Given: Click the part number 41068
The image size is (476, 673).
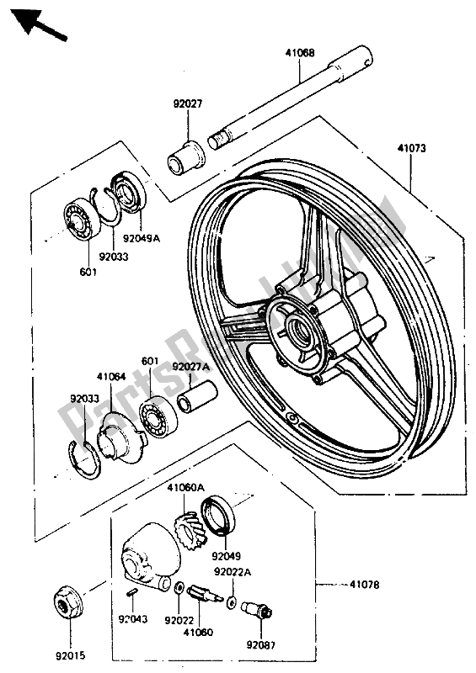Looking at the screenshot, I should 300,53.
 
